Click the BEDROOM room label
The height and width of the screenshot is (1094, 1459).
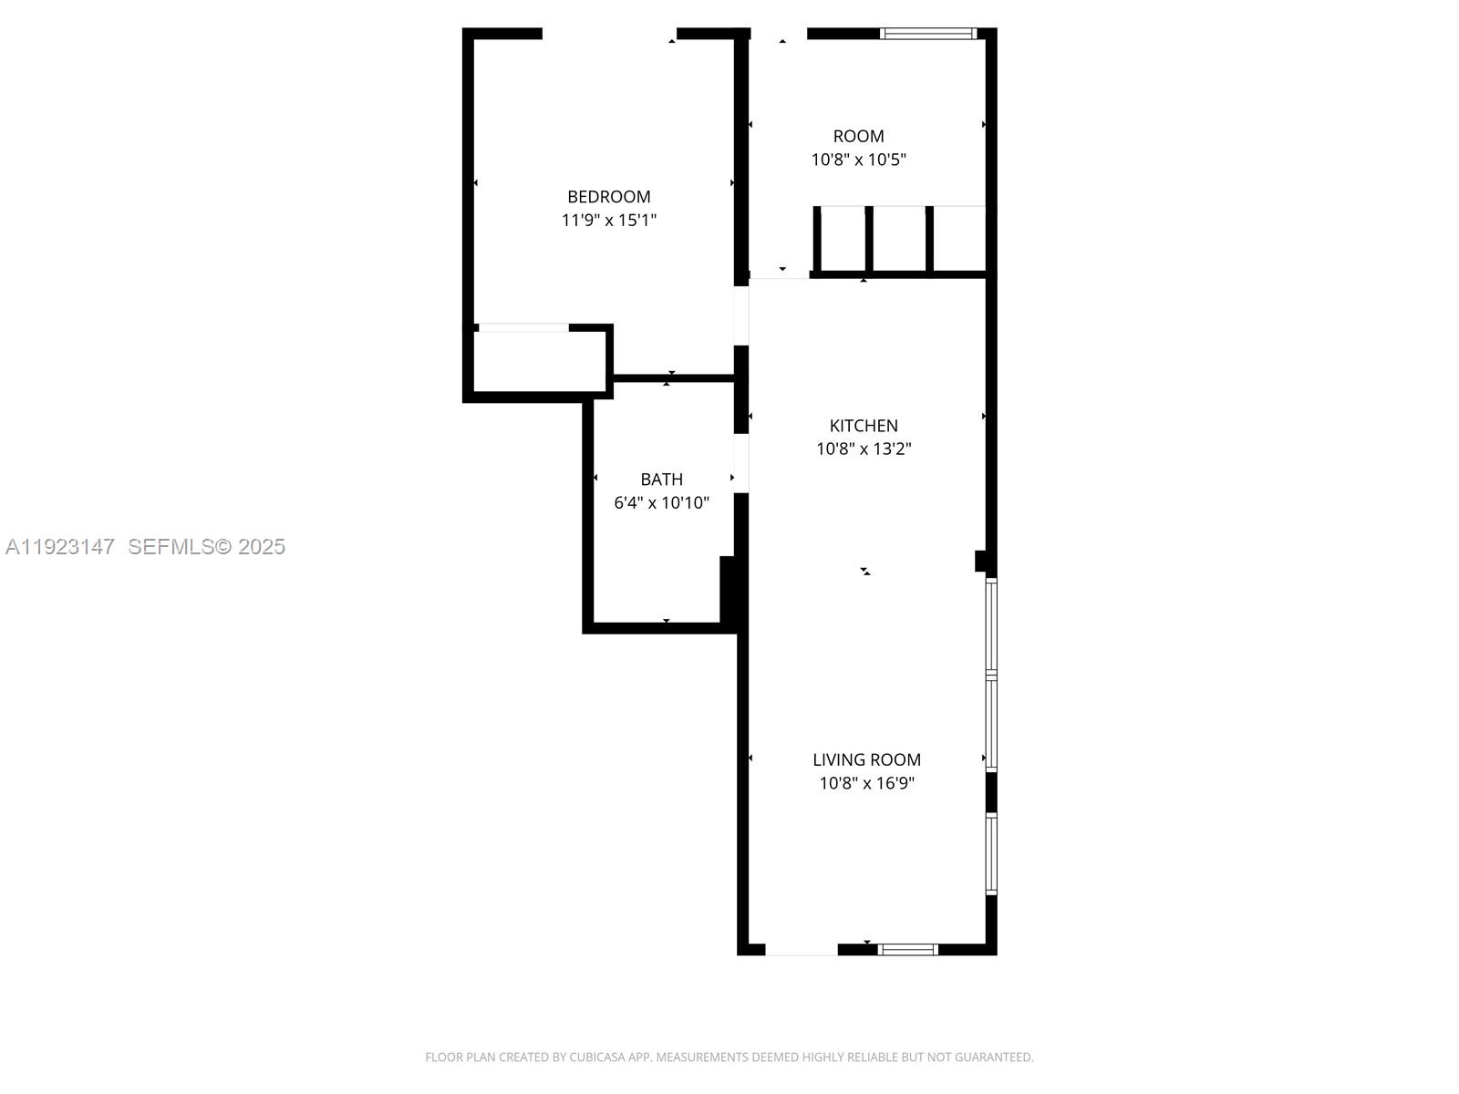coord(608,197)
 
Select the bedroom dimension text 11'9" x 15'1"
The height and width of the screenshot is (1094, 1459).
coord(608,221)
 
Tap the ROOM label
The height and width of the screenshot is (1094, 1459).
coord(858,137)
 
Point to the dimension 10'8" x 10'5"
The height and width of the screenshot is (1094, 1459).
coord(858,160)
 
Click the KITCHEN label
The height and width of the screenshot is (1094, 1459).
coord(864,426)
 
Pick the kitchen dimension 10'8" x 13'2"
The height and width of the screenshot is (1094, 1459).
coord(864,449)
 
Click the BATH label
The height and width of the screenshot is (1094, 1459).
coord(661,480)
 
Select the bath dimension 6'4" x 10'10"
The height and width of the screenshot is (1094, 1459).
coord(661,503)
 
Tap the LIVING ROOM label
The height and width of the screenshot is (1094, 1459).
coord(866,760)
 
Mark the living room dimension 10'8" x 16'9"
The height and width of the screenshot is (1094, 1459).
coord(866,783)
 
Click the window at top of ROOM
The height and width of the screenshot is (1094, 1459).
coord(928,35)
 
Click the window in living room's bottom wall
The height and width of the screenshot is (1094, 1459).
coord(908,950)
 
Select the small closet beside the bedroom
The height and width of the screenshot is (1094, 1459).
coord(540,361)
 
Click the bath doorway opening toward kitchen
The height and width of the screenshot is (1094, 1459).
coord(741,463)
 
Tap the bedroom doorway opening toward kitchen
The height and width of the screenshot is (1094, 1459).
coord(741,315)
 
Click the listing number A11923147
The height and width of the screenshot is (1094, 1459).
coord(60,547)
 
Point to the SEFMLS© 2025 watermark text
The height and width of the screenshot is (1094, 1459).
coord(207,547)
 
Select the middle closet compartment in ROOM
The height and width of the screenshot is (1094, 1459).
coord(898,239)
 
